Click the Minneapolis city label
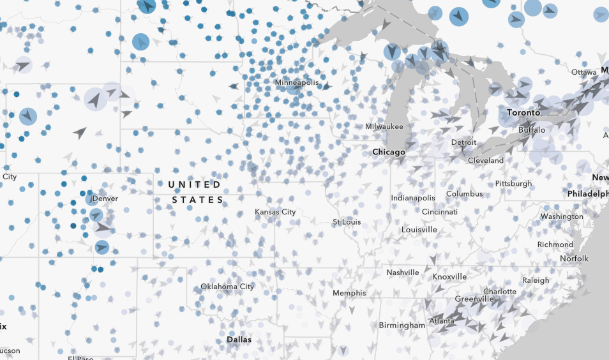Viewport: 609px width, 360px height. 296,83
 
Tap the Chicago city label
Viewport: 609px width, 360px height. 389,152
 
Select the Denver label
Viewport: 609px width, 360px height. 105,199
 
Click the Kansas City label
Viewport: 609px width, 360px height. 275,212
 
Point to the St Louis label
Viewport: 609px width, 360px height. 347,222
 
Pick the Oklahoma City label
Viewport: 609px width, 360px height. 227,287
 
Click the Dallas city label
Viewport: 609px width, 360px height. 239,340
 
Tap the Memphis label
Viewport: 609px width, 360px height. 349,293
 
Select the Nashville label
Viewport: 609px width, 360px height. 403,273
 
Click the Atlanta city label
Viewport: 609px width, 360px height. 441,321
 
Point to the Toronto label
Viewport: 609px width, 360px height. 523,112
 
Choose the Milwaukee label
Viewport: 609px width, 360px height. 384,126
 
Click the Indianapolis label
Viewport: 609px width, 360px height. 413,198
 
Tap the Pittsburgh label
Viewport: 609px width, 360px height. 513,184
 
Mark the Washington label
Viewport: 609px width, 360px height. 562,216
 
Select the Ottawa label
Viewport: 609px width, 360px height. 583,72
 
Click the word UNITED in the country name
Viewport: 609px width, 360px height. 194,184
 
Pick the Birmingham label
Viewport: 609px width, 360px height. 401,326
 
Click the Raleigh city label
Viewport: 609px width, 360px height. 535,280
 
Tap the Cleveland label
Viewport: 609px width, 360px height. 486,161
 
